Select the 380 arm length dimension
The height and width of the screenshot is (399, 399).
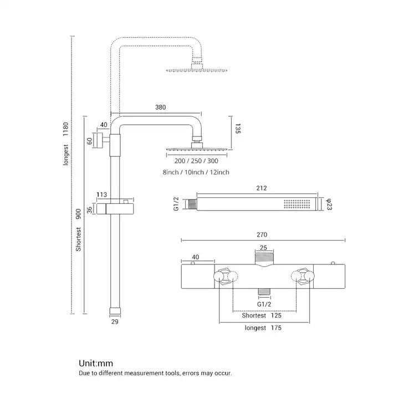coord(161,108)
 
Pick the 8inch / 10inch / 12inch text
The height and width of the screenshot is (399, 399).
coord(196,173)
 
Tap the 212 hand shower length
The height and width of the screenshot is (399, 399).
coord(254,187)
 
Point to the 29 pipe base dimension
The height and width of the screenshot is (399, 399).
coord(115,321)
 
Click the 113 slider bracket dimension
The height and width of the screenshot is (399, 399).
coord(102,195)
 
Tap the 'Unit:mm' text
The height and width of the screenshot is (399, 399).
coord(95,364)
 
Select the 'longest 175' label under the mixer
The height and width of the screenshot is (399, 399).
coord(264,328)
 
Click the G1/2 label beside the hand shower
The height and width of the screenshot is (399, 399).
coord(176,204)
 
